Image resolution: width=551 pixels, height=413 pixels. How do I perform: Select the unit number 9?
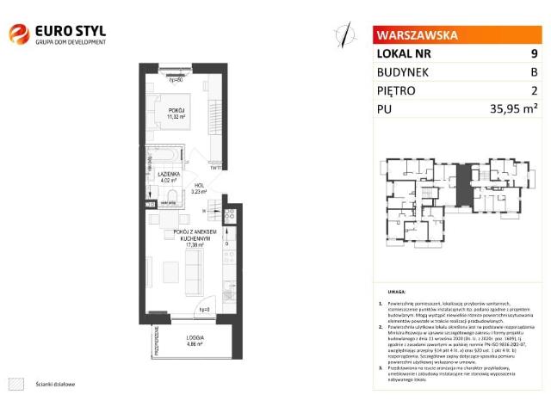534,54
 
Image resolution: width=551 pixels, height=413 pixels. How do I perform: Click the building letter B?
534,72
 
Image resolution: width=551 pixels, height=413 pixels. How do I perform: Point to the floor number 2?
534,90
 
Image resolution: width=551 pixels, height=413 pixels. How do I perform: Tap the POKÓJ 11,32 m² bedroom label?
177,111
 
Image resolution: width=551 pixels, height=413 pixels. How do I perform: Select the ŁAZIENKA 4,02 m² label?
168,177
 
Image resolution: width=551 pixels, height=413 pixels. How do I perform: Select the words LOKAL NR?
405,54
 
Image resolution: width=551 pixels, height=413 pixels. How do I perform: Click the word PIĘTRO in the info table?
401,90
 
